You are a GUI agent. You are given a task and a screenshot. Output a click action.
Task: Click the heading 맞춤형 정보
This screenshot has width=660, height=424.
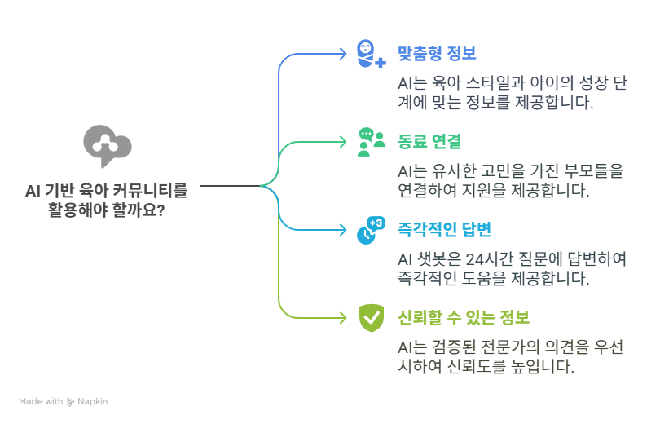tap(437, 54)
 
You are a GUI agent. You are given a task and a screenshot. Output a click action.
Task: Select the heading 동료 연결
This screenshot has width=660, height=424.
tap(429, 141)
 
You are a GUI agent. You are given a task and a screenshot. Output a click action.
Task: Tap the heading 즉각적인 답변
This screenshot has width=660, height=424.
tap(443, 229)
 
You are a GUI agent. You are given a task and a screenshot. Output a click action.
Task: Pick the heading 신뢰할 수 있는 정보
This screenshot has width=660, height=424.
tap(464, 316)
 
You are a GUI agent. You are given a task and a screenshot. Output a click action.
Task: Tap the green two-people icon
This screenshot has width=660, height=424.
tap(371, 141)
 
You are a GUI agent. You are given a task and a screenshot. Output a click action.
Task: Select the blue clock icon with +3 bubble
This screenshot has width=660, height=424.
tap(371, 230)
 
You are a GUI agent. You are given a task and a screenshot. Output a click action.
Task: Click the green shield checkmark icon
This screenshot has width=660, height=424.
tap(371, 316)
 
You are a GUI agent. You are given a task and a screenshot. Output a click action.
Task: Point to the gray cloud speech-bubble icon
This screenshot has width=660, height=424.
tap(107, 145)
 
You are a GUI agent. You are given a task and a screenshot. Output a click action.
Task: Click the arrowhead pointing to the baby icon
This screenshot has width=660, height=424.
tap(343, 55)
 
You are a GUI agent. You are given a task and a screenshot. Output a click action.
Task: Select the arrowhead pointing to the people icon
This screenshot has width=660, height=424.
tap(343, 142)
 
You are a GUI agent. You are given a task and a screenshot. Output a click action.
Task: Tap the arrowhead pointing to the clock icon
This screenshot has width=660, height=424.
tap(343, 230)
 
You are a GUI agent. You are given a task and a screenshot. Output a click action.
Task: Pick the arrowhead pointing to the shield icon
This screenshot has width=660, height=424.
tap(343, 317)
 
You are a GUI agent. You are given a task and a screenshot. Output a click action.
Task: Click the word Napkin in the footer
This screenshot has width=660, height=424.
tap(93, 402)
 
